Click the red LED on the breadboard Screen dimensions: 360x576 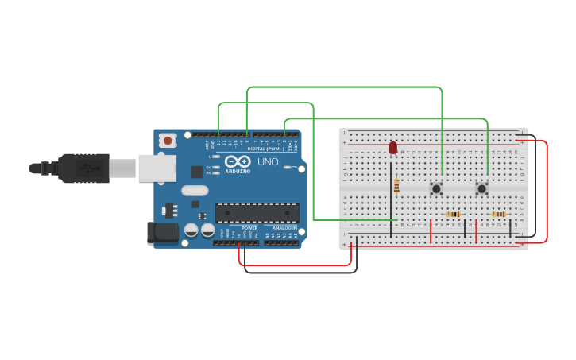(x=392, y=148)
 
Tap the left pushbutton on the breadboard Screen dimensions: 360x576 (x=436, y=188)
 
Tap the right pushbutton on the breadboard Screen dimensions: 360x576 (x=481, y=188)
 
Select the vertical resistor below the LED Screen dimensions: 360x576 (x=396, y=186)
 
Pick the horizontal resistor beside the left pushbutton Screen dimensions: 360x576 (x=453, y=214)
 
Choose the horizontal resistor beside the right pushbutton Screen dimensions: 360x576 (x=498, y=214)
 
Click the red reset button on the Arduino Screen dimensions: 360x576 (x=168, y=141)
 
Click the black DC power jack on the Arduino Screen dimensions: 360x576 (x=161, y=232)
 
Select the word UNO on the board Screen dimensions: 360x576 (x=267, y=161)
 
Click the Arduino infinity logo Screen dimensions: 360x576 (x=238, y=161)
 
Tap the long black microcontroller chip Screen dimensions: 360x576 (x=257, y=213)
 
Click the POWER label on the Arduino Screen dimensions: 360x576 (x=249, y=228)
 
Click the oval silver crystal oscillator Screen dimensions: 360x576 (x=195, y=191)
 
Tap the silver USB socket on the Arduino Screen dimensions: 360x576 (x=157, y=168)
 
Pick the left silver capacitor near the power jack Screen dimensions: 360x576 (x=191, y=230)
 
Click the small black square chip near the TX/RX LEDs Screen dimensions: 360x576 (x=196, y=172)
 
